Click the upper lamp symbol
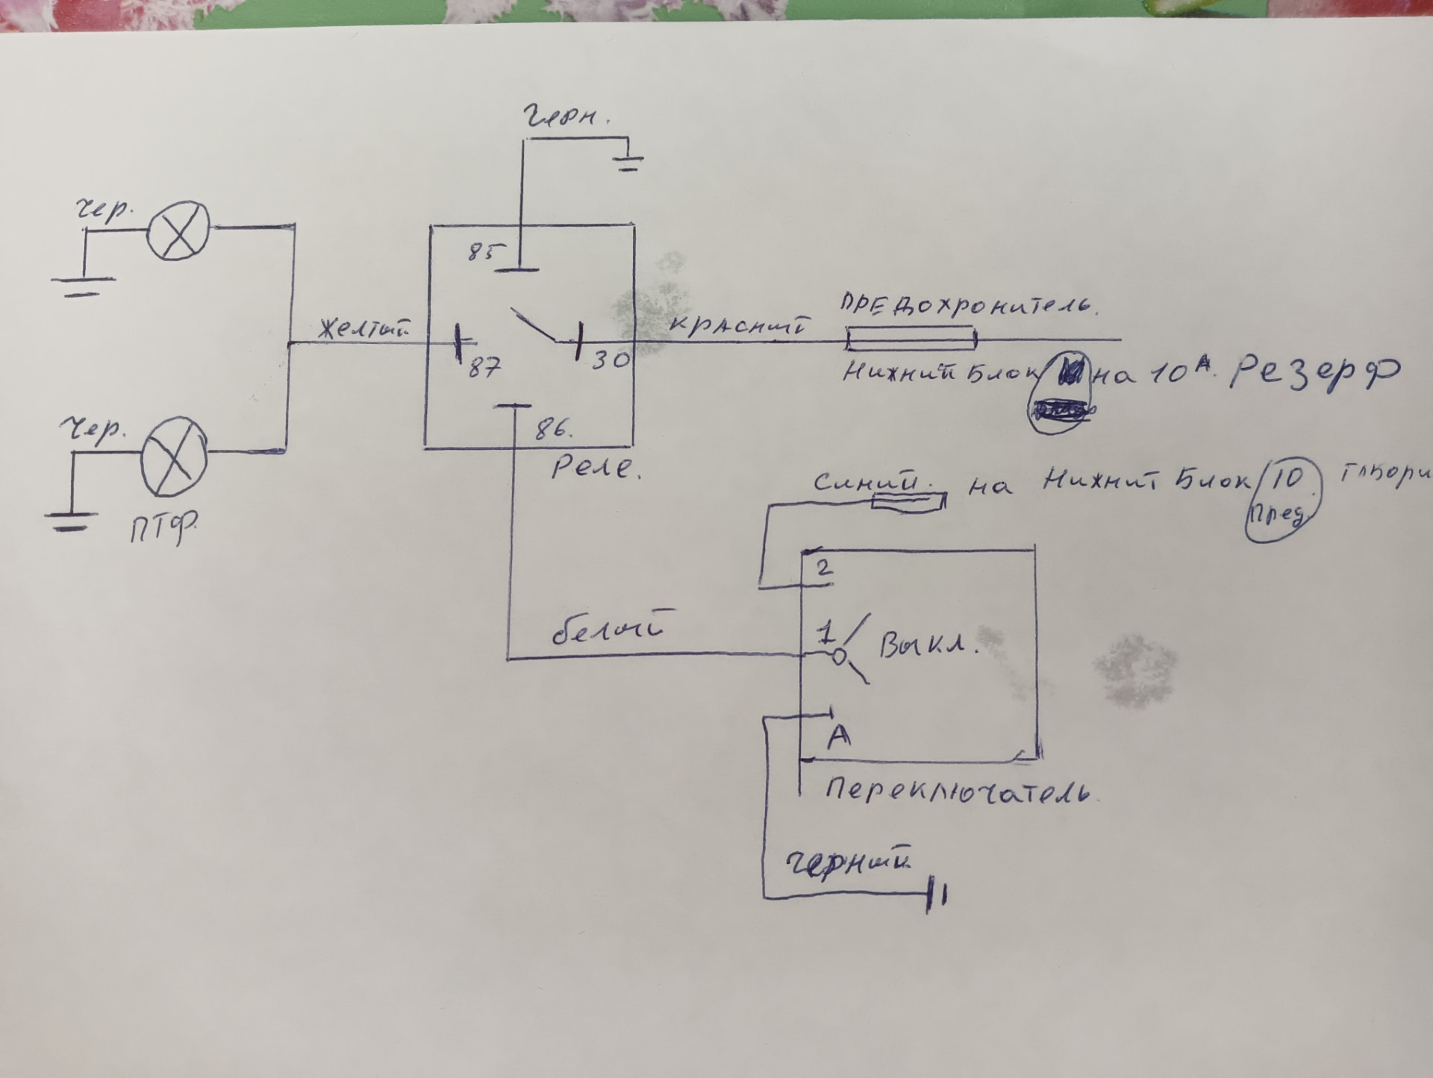pos(178,231)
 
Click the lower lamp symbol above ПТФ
pos(175,457)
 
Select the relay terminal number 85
pos(481,252)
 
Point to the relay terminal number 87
pos(484,368)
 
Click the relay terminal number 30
pos(611,361)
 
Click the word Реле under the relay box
pos(595,468)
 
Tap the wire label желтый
pos(363,329)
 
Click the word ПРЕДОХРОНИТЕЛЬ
pos(968,306)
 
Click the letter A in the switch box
pos(839,736)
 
